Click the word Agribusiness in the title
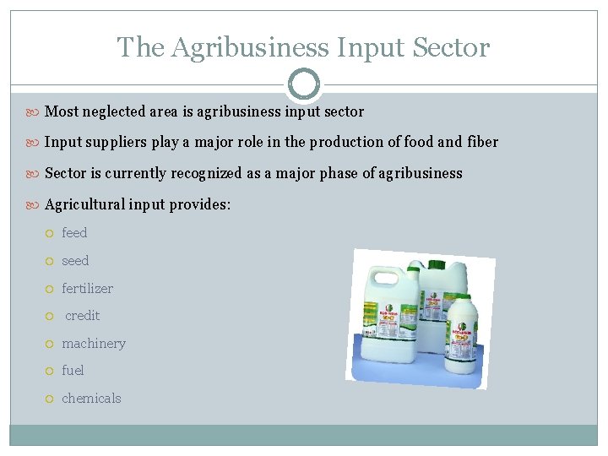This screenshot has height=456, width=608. coord(249,48)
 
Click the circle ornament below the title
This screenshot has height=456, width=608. coord(304,84)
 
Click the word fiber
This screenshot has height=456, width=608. coord(482,142)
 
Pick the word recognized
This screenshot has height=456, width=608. coord(207,173)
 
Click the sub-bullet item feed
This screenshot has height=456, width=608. coord(74,233)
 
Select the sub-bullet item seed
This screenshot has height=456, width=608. coord(75,261)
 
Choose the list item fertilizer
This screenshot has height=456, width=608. coord(87,289)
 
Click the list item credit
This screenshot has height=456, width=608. coord(82,316)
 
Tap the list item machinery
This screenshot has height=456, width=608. coord(93,344)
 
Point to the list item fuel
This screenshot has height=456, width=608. coord(73,371)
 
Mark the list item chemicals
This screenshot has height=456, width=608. coord(91,399)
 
